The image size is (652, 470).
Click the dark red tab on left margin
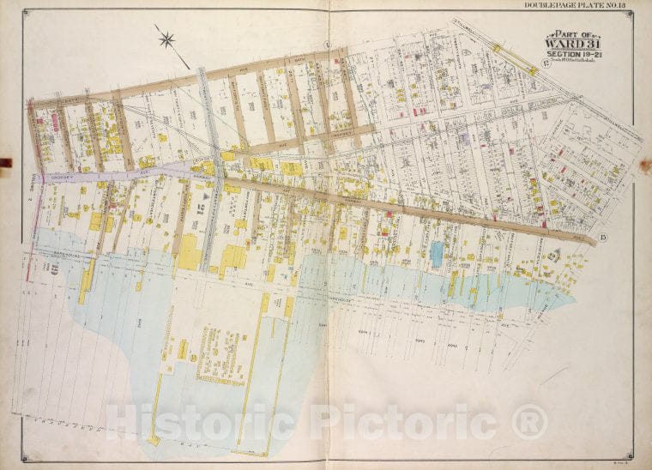tap(5, 161)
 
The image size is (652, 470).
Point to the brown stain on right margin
tap(644, 166)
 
